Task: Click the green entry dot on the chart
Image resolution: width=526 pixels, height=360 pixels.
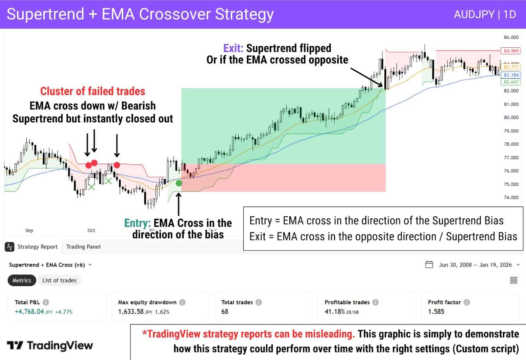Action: click(179, 183)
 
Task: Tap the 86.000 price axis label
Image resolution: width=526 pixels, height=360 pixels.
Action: click(511, 37)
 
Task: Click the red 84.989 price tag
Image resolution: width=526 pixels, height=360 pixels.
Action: click(511, 51)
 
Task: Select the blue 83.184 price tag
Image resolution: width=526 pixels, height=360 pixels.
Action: click(511, 75)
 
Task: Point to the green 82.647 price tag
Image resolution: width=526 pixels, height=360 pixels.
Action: click(511, 82)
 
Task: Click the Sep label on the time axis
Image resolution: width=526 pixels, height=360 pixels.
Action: click(29, 230)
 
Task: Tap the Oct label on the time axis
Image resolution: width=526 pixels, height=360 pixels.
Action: click(91, 230)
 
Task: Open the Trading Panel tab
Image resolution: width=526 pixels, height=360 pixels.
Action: click(83, 247)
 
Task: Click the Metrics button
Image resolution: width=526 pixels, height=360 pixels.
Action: click(22, 280)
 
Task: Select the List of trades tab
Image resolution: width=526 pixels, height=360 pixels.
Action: click(59, 280)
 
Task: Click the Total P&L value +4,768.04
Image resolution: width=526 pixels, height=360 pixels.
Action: click(29, 311)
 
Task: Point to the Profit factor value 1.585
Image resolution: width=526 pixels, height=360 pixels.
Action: click(436, 311)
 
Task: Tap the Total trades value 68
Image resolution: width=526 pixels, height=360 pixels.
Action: click(225, 311)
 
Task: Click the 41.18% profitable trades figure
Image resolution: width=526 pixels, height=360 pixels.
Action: click(334, 311)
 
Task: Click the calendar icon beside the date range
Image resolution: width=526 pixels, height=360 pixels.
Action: click(429, 265)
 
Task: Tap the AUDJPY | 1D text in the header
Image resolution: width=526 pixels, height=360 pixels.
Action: click(485, 14)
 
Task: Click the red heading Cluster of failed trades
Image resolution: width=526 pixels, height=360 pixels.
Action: click(92, 91)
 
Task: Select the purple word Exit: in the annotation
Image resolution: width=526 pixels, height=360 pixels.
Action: click(233, 48)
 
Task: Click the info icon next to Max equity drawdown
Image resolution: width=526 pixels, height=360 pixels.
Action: click(182, 302)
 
